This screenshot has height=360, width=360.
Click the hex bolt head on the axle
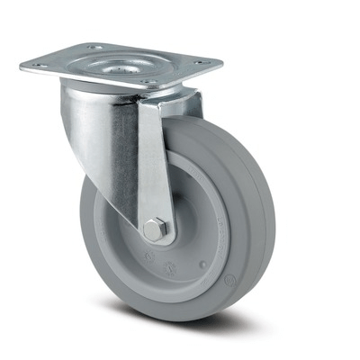[156, 230]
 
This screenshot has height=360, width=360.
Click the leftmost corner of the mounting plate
[22, 65]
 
